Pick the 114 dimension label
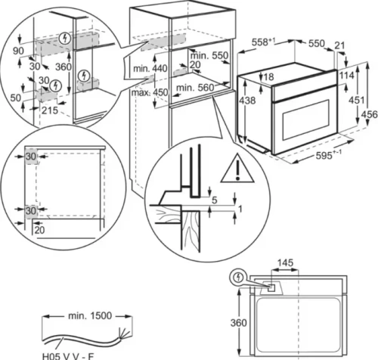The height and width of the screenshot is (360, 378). [x=347, y=76]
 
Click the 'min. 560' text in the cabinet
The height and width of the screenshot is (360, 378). [x=191, y=88]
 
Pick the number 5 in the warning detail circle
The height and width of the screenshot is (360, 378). [x=214, y=200]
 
